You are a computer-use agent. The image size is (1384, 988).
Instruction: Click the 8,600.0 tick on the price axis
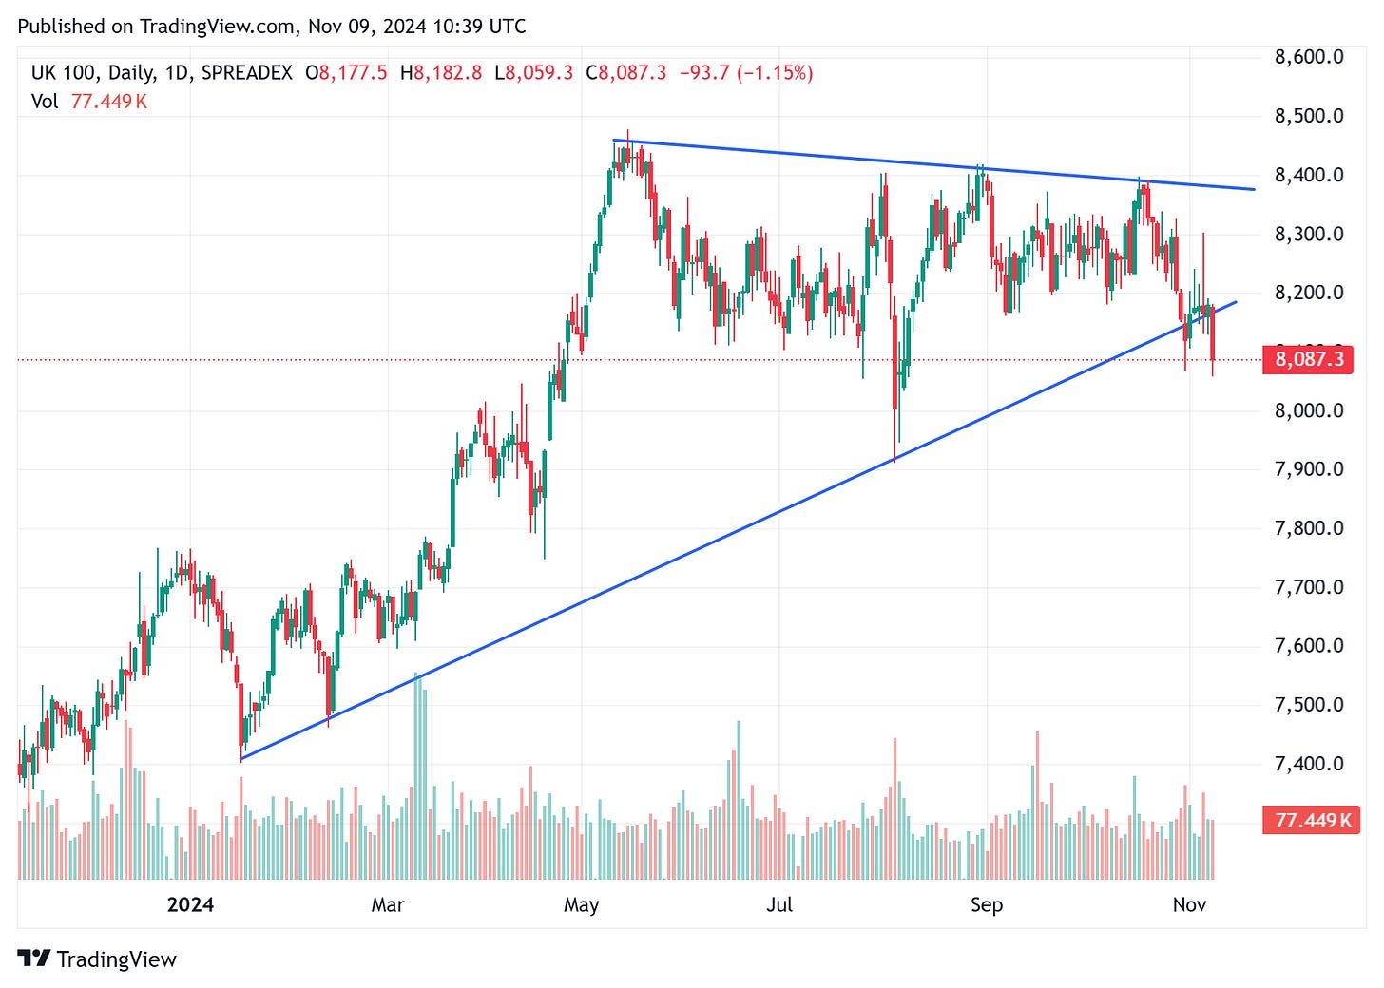[x=1308, y=57]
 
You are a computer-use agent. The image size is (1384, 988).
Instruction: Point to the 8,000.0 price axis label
[x=1308, y=410]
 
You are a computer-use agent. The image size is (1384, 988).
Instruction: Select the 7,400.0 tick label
[x=1308, y=764]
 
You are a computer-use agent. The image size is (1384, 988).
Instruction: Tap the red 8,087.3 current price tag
[x=1308, y=359]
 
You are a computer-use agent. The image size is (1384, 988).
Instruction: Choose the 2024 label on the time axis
[x=190, y=904]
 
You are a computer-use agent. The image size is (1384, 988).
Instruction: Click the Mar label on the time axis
[x=388, y=904]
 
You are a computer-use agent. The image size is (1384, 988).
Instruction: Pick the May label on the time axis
[x=581, y=904]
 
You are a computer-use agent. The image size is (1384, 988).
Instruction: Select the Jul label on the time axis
[x=778, y=904]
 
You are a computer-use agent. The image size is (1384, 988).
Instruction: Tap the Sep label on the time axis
[x=986, y=904]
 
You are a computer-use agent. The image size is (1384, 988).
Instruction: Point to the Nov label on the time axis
[x=1189, y=904]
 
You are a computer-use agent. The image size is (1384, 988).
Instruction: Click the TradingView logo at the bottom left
[x=97, y=959]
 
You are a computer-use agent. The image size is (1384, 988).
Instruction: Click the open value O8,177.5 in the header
[x=346, y=73]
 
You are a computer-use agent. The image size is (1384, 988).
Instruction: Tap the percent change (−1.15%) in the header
[x=774, y=73]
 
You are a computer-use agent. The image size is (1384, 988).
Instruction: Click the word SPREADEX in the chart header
[x=247, y=73]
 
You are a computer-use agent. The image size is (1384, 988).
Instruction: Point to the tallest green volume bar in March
[x=415, y=774]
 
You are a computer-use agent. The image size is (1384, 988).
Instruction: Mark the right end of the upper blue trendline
[x=1254, y=189]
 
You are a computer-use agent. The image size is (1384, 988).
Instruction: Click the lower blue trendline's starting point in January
[x=241, y=759]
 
